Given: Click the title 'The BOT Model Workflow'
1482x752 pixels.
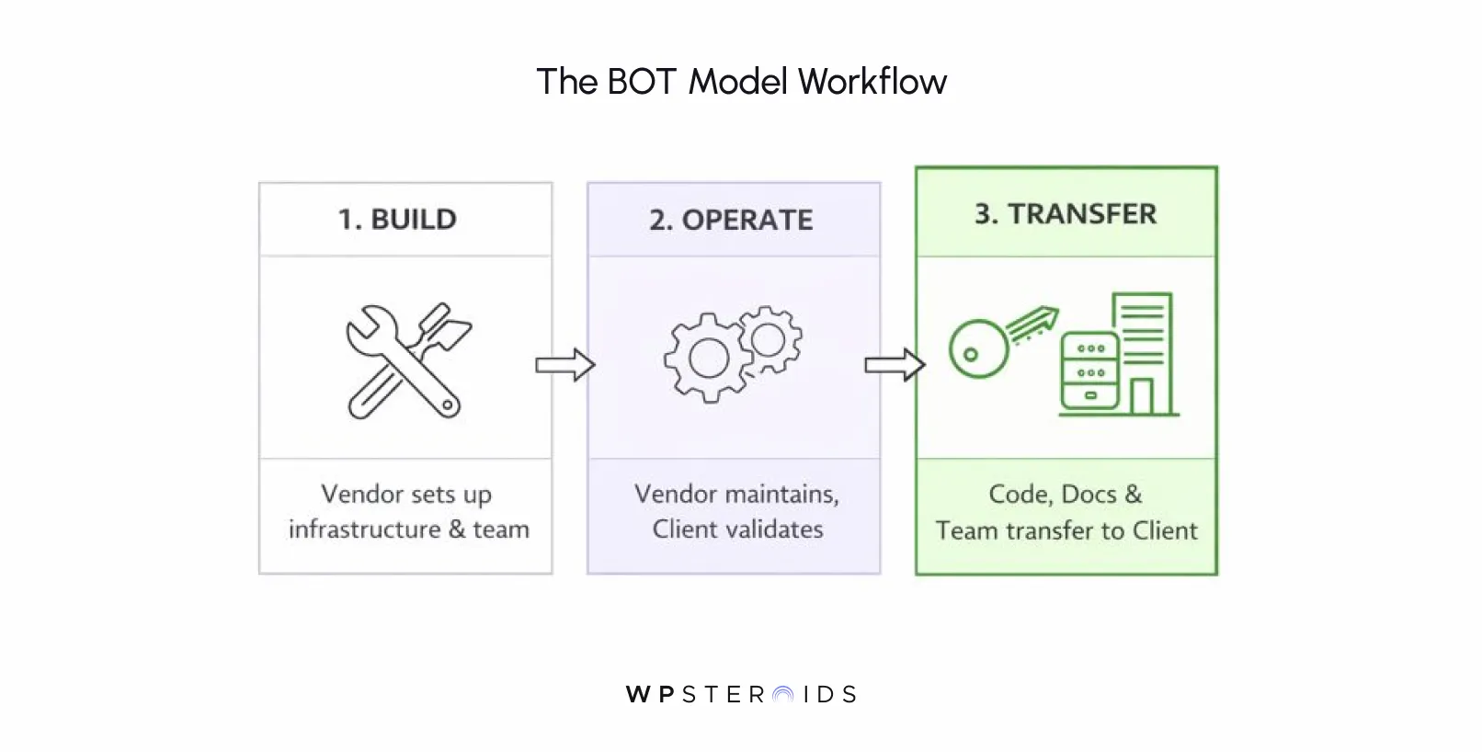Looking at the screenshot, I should click(x=741, y=82).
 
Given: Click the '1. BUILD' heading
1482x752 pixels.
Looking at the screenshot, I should click(x=397, y=220).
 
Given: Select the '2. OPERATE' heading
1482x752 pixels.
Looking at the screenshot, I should click(x=731, y=221).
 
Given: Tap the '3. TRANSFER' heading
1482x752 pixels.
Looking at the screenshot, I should click(x=1066, y=214).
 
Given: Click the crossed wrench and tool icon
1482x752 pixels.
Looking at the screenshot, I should click(x=405, y=361).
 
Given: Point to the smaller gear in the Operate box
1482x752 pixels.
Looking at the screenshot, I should click(x=769, y=339).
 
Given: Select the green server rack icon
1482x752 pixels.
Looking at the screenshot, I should click(x=1089, y=371).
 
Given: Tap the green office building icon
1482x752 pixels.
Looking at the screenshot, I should click(x=1146, y=354).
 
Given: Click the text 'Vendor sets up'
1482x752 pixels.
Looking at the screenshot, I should click(x=405, y=495).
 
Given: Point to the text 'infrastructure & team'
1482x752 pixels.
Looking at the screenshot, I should click(x=408, y=530).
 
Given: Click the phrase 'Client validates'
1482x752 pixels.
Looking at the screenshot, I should click(x=737, y=530).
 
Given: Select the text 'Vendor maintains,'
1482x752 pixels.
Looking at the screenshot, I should click(x=736, y=495).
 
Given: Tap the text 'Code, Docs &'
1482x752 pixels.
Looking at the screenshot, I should click(x=1066, y=495).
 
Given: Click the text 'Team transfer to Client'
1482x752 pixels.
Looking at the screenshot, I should click(x=1066, y=530).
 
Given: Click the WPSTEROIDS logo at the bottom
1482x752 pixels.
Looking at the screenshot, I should click(x=741, y=694).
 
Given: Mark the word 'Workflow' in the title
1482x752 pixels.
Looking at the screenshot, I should click(x=872, y=82).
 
